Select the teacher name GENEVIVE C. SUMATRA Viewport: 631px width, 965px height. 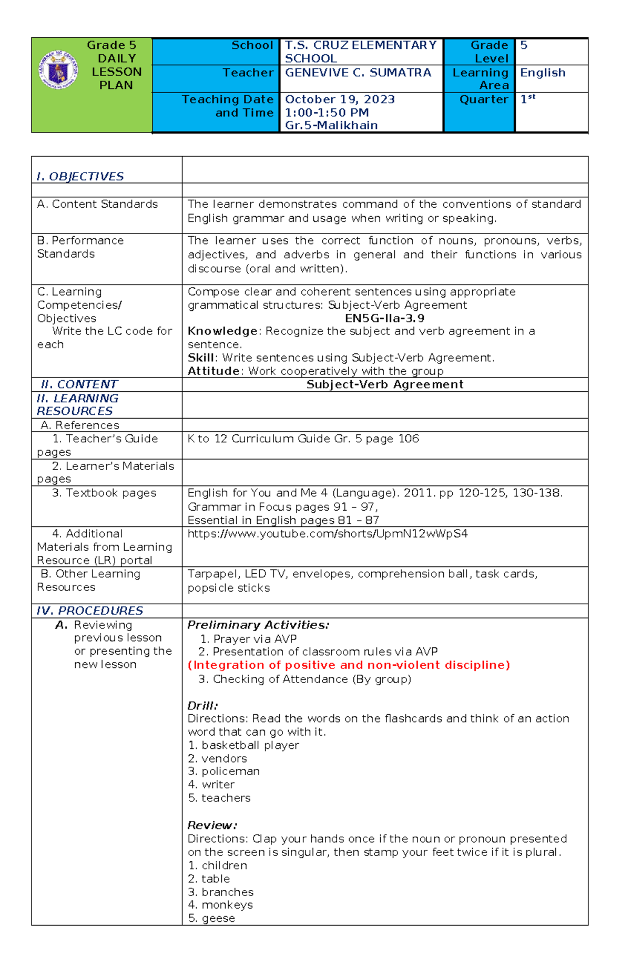[x=358, y=73]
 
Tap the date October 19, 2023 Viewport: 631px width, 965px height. [x=340, y=99]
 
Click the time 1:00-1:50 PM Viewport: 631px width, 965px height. [x=327, y=113]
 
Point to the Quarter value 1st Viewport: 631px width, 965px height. [x=527, y=99]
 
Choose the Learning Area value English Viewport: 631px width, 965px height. [x=542, y=73]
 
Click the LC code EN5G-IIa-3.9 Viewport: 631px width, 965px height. [x=384, y=318]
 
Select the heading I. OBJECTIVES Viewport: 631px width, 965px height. [x=80, y=176]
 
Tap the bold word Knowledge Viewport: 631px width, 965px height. [x=222, y=331]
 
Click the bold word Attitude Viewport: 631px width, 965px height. [x=213, y=371]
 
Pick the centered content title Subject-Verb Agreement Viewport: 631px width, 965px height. [x=384, y=384]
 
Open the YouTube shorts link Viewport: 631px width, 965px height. [x=327, y=534]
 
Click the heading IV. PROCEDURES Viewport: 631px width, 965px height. [x=89, y=611]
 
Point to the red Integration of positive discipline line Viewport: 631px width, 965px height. [x=349, y=665]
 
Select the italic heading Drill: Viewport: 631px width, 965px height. [x=202, y=706]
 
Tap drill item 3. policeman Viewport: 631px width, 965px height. [x=224, y=771]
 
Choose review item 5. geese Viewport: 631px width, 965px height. [x=211, y=918]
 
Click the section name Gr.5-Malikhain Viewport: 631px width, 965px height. [x=331, y=126]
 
